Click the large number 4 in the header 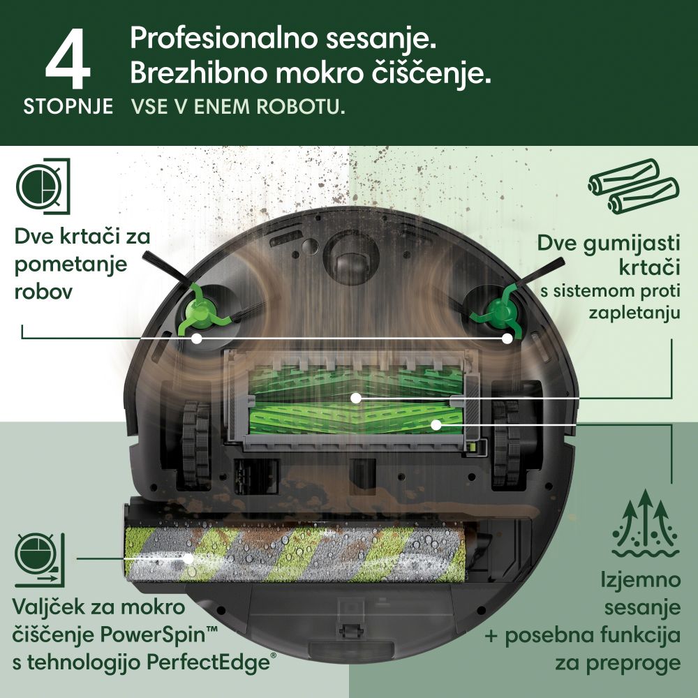68,58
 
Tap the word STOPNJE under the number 68,107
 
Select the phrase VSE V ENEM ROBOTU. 238,107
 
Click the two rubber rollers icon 634,186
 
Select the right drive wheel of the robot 505,443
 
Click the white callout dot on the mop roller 188,558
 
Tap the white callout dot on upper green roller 355,398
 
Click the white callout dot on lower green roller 436,424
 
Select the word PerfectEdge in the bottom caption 208,663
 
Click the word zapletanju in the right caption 634,313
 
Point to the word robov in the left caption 43,292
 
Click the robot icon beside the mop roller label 40,560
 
